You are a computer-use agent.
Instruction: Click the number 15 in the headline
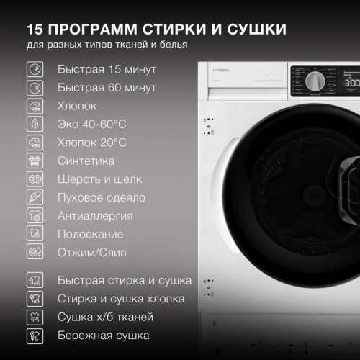[x=37, y=30]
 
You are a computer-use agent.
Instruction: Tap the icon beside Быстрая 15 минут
[x=34, y=70]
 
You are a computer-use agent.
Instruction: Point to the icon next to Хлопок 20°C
[x=34, y=143]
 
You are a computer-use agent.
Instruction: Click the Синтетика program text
[x=86, y=161]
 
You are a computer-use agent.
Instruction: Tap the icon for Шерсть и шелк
[x=34, y=179]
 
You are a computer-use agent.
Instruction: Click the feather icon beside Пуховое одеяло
[x=34, y=197]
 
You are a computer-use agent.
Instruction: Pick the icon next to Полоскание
[x=34, y=234]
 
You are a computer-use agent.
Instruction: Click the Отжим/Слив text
[x=91, y=253]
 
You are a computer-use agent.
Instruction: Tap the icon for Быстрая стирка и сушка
[x=34, y=280]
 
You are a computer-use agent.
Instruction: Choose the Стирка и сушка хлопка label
[x=120, y=299]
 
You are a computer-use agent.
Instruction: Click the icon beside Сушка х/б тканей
[x=34, y=317]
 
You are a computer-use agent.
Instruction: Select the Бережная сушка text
[x=103, y=336]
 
